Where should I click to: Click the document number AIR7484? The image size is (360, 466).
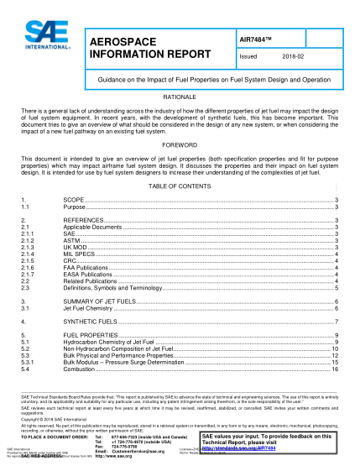(x=258, y=38)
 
